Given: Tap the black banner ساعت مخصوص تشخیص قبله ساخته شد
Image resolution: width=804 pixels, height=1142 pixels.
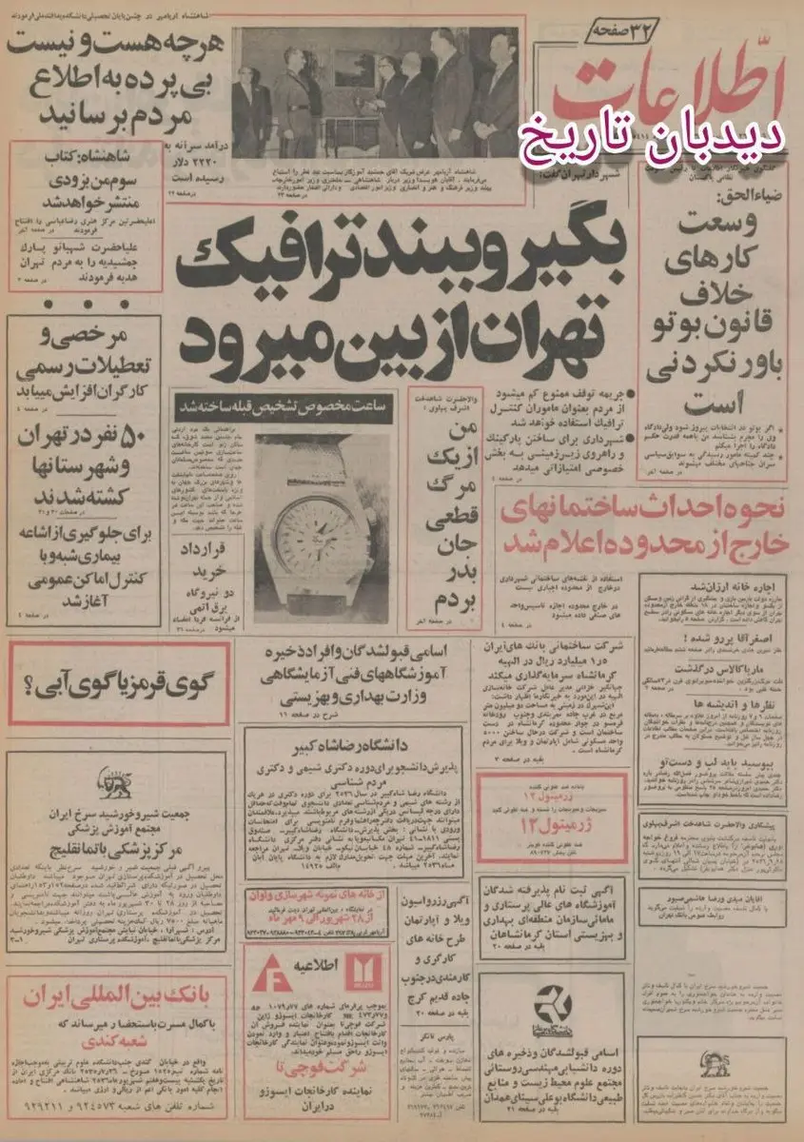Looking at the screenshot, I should pyautogui.click(x=282, y=406).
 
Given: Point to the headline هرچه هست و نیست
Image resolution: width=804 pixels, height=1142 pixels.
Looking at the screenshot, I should pyautogui.click(x=114, y=42).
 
